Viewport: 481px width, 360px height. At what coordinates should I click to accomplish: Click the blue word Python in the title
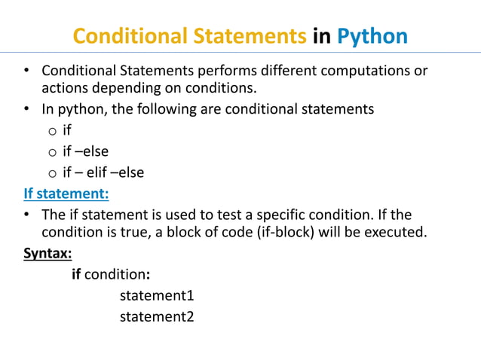coord(372,36)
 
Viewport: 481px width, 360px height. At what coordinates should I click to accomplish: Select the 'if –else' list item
coord(85,151)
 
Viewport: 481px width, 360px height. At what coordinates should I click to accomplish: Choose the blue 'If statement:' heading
coord(66,194)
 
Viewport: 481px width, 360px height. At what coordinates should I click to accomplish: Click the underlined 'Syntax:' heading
coord(47,253)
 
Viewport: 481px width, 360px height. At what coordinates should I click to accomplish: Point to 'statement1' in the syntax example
coord(157,295)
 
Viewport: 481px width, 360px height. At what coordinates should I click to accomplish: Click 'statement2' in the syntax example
coord(157,316)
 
